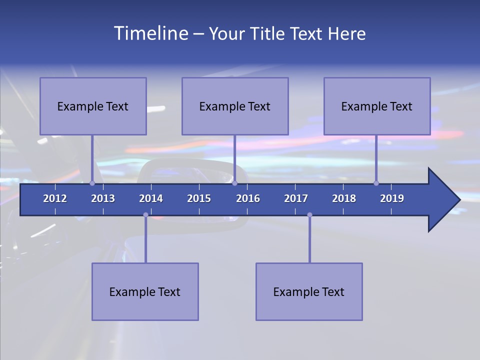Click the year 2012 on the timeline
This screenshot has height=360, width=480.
point(55,198)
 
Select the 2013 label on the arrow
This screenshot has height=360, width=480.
point(103,198)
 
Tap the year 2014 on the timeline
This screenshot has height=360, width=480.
point(151,198)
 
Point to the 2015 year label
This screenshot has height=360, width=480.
point(199,198)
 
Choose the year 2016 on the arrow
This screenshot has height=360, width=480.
point(248,198)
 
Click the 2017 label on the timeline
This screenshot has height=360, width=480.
point(296,198)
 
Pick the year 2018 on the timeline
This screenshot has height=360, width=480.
point(344,198)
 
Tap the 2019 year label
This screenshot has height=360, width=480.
point(392,198)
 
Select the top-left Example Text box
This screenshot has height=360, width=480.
point(93,106)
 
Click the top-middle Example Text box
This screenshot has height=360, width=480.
point(235,106)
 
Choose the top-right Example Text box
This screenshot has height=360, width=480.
point(377,106)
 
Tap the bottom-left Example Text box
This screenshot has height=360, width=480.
point(145,291)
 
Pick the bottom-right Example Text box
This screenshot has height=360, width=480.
point(309,291)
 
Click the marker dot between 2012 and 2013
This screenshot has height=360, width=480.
point(92,183)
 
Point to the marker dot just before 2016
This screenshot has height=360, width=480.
point(234,183)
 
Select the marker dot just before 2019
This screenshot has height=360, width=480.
point(376,183)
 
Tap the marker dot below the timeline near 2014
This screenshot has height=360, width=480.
point(145,215)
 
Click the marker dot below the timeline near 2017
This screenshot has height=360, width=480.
point(309,215)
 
